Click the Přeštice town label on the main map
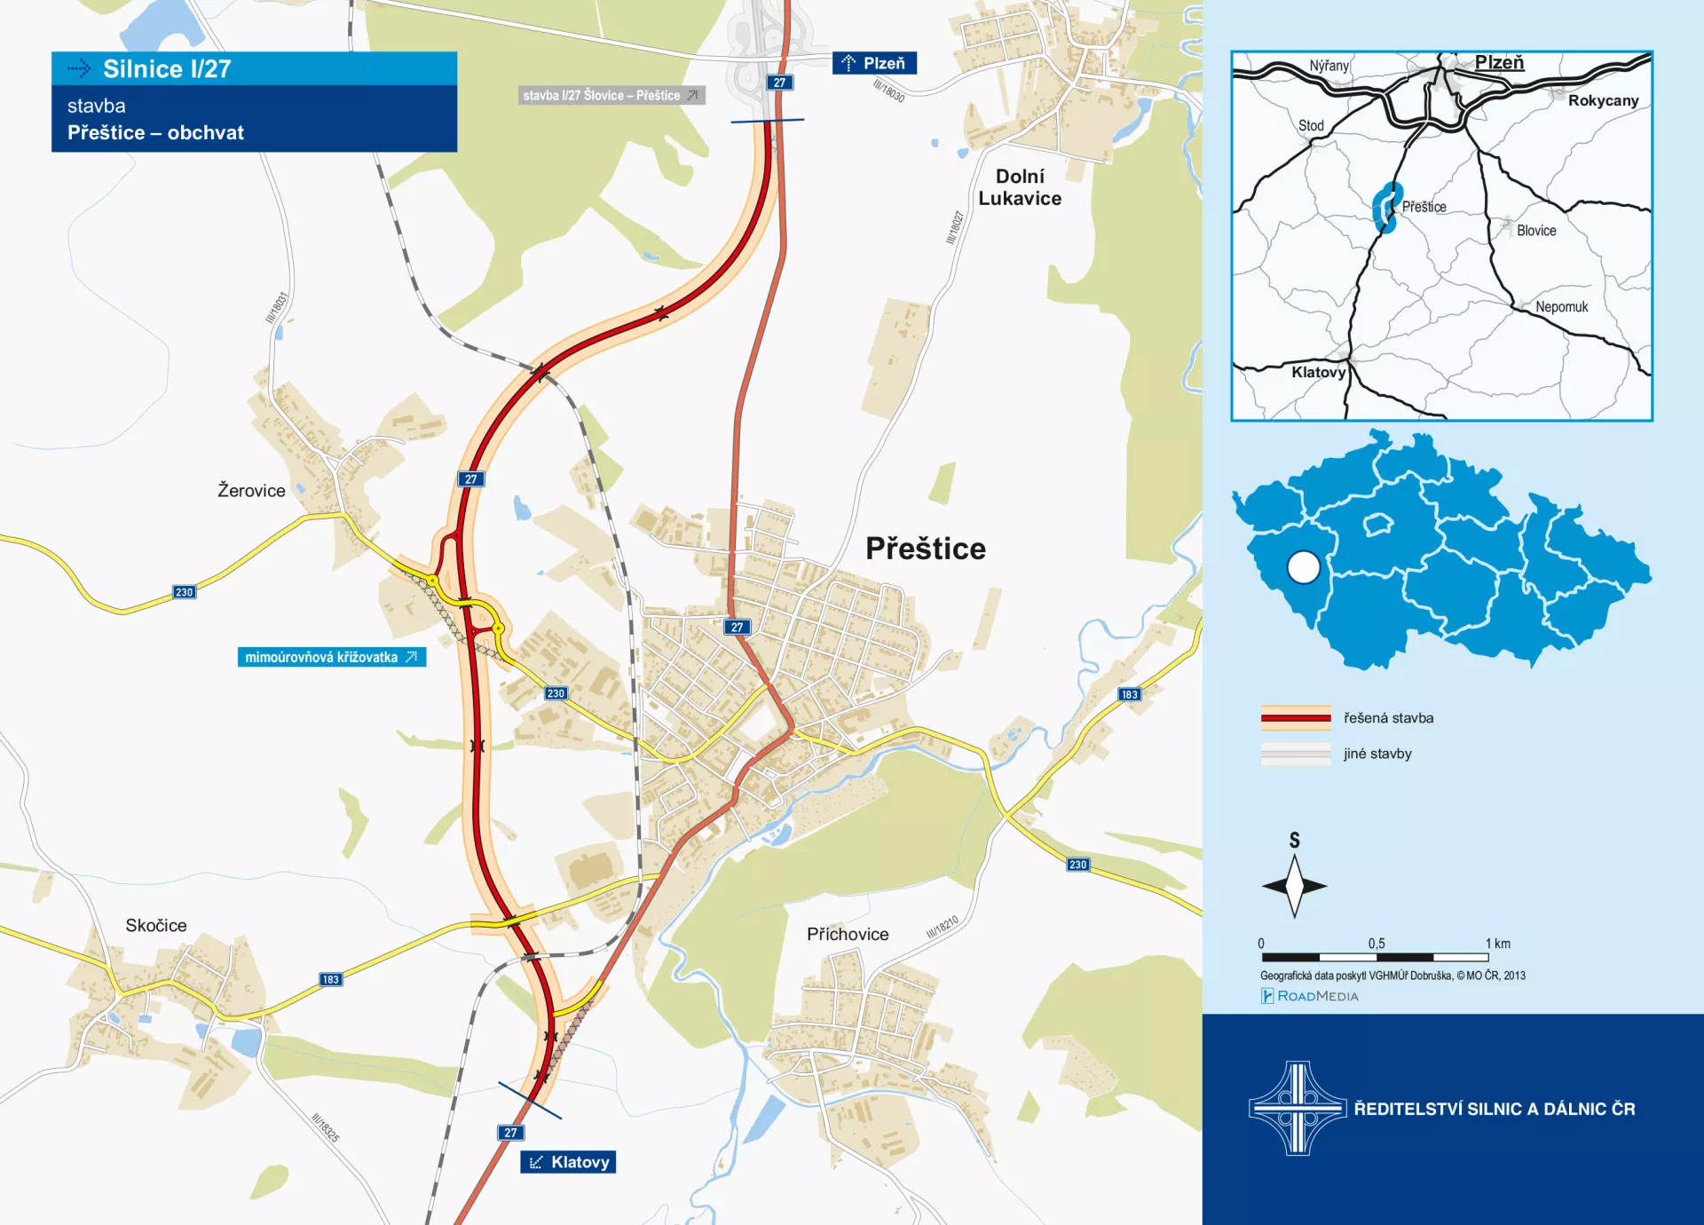[925, 549]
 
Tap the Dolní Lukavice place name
[1020, 187]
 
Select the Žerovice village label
[251, 490]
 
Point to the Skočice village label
[156, 925]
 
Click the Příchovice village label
[848, 934]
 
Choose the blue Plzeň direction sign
[874, 63]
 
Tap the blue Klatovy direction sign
[568, 1162]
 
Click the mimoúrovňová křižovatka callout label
[331, 657]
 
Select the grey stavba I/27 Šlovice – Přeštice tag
[611, 95]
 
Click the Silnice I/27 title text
[167, 68]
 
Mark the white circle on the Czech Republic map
[1303, 566]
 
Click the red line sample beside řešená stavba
[1296, 717]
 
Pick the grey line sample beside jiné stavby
[1296, 754]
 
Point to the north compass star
[1294, 885]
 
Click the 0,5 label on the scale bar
[1376, 944]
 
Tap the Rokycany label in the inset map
[1603, 100]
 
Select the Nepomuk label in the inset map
[1561, 307]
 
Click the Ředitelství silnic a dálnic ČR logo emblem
[1298, 1108]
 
